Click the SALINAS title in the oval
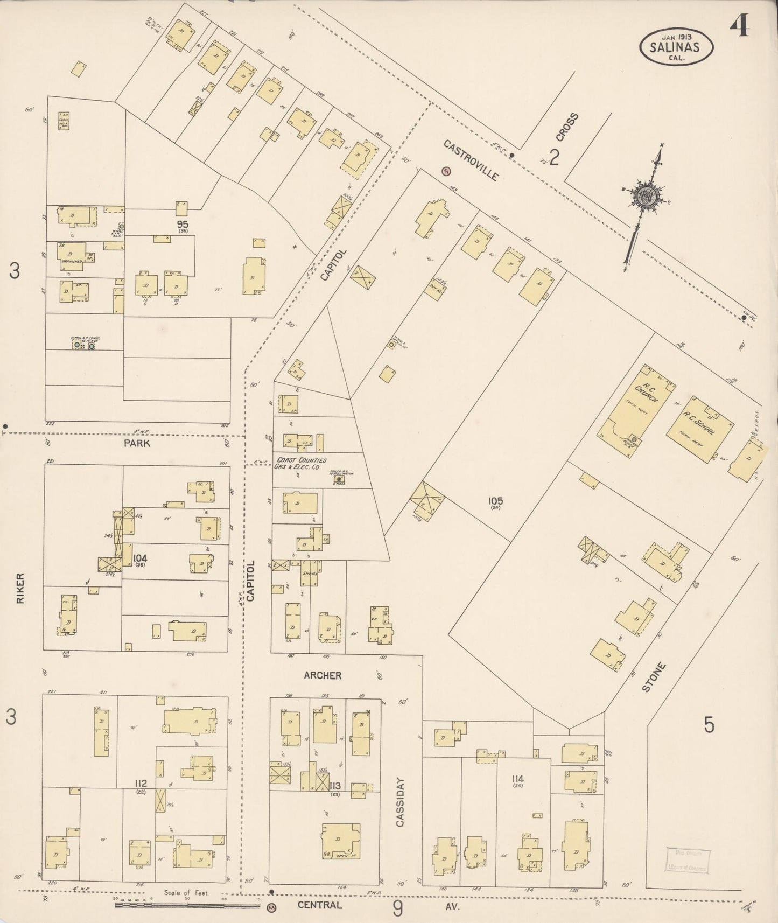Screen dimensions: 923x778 click(x=676, y=47)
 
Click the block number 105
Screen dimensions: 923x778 click(x=495, y=501)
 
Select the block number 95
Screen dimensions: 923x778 click(x=183, y=223)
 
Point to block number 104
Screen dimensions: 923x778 click(x=142, y=558)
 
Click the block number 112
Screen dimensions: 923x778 click(x=141, y=782)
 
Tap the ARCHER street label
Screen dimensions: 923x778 click(x=322, y=675)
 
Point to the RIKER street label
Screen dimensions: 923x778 click(x=20, y=588)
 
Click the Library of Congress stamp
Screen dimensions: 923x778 click(x=688, y=861)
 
